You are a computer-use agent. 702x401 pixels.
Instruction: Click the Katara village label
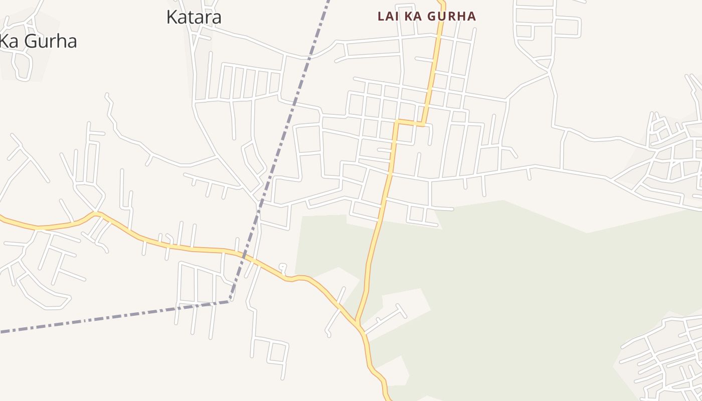[x=194, y=17]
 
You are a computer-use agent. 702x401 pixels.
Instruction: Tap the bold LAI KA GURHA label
[x=426, y=16]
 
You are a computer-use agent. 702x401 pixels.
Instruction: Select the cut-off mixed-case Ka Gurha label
[x=38, y=41]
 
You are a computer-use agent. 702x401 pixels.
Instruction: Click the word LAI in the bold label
[x=388, y=16]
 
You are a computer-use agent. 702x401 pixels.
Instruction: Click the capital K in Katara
[x=172, y=17]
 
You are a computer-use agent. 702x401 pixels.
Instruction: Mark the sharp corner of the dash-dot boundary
[x=229, y=301]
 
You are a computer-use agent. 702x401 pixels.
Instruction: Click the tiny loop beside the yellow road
[x=283, y=267]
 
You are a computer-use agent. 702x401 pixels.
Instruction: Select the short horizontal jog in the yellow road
[x=410, y=123]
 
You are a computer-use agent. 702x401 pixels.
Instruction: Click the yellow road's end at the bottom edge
[x=389, y=399]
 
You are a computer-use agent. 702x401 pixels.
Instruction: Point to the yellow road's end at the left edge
[x=2, y=217]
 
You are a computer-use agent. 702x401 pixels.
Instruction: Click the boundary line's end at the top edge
[x=328, y=2]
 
